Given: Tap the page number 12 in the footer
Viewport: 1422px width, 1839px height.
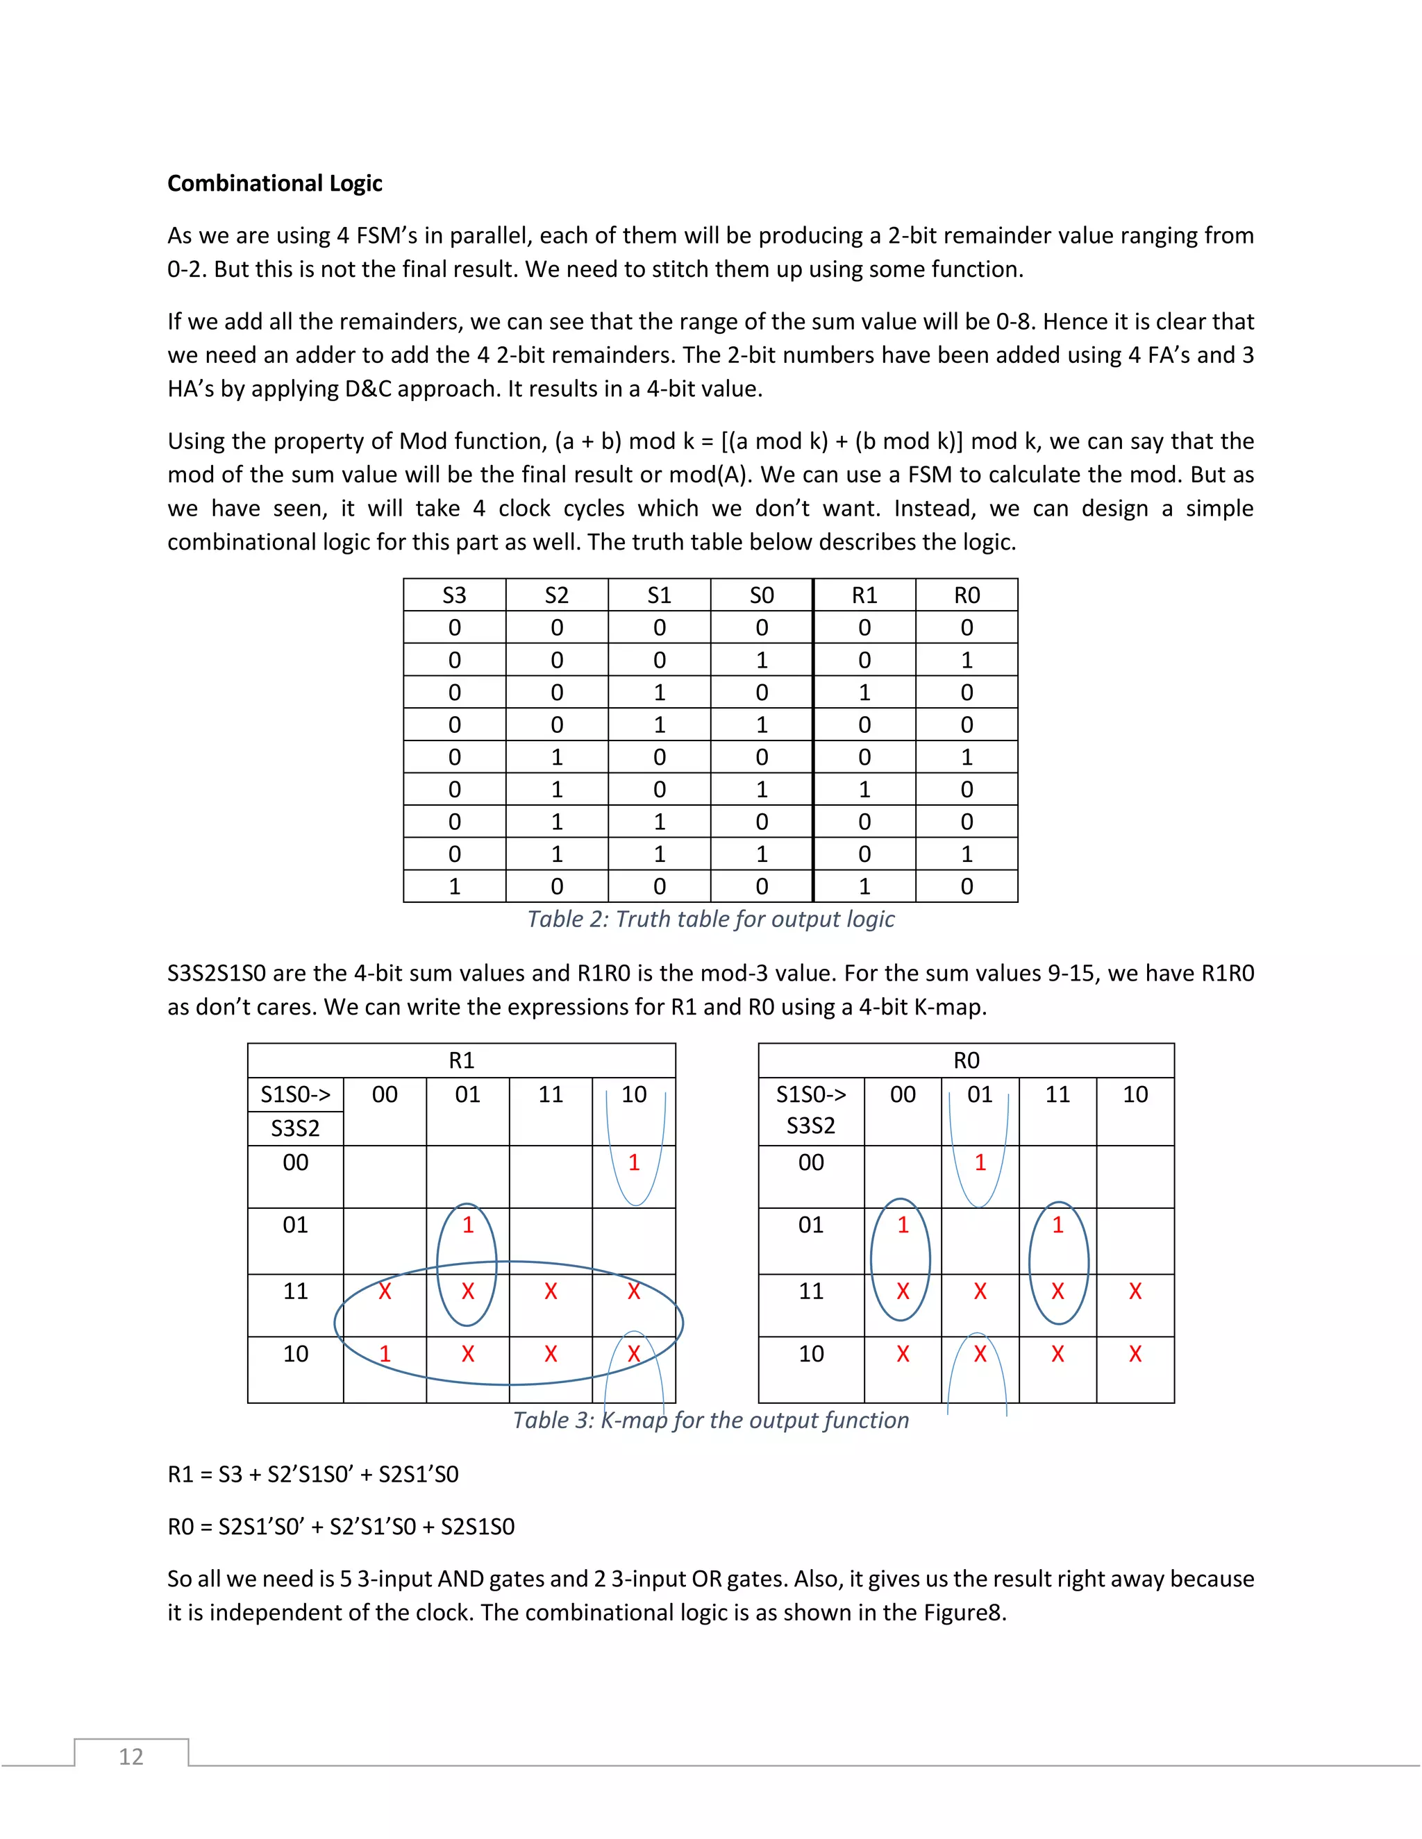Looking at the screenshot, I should pos(131,1756).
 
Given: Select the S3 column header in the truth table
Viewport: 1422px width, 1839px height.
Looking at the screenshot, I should pos(454,595).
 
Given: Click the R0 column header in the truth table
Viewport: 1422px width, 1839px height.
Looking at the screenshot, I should pos(967,595).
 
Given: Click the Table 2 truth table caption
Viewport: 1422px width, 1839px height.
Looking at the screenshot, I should pos(710,919).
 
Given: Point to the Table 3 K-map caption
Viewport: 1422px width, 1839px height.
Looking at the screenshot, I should pos(710,1420).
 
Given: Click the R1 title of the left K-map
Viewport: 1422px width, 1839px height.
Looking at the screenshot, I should pos(462,1060).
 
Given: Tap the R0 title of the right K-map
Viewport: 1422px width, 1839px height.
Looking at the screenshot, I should pos(967,1060).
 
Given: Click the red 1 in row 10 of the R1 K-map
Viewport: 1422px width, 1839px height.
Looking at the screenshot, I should pos(385,1354).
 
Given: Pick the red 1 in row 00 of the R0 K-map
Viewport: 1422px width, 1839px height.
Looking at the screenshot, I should pos(980,1163).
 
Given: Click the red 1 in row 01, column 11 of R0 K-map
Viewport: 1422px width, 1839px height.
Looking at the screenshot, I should pos(1057,1225).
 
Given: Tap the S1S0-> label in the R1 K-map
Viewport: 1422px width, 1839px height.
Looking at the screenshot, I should pos(295,1094).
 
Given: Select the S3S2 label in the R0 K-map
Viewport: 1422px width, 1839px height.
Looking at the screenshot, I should pos(810,1126).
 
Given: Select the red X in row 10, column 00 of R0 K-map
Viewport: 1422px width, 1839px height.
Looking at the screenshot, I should pos(902,1354).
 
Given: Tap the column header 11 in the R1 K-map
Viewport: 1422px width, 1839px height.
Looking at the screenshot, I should pos(551,1094).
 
